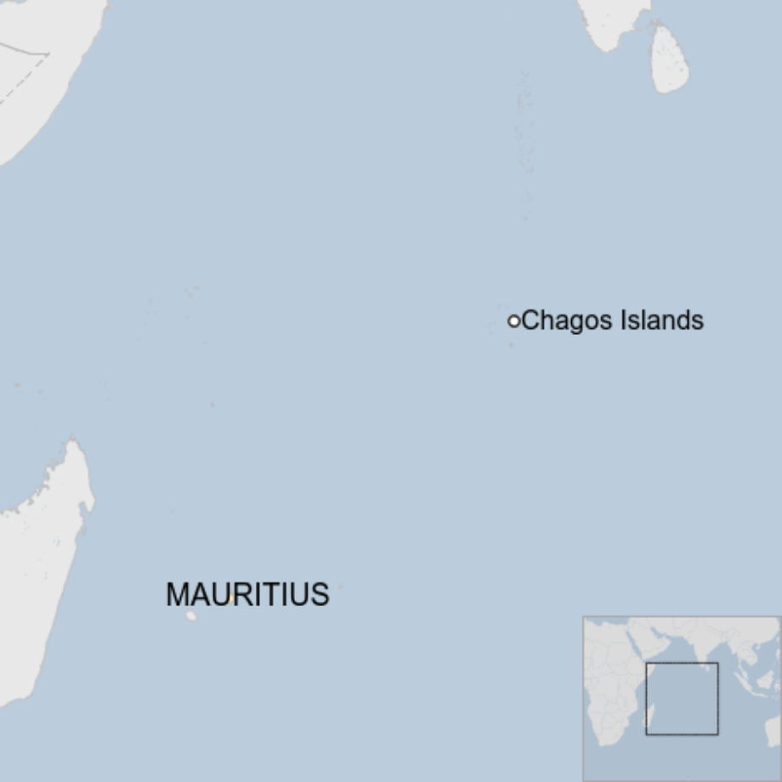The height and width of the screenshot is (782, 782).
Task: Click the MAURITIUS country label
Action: pyautogui.click(x=247, y=595)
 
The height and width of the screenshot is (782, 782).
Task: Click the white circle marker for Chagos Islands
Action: pyautogui.click(x=513, y=321)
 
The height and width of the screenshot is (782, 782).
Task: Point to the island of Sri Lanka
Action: pyautogui.click(x=669, y=59)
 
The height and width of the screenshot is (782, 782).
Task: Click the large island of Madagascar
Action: pyautogui.click(x=38, y=561)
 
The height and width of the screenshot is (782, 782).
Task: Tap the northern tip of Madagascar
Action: pyautogui.click(x=74, y=443)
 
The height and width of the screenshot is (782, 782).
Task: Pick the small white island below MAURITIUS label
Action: pyautogui.click(x=191, y=615)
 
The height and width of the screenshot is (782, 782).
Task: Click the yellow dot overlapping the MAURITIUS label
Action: pyautogui.click(x=231, y=599)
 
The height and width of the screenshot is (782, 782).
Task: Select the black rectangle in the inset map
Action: pyautogui.click(x=682, y=699)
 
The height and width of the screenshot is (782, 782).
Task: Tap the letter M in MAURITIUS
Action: pyautogui.click(x=178, y=595)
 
